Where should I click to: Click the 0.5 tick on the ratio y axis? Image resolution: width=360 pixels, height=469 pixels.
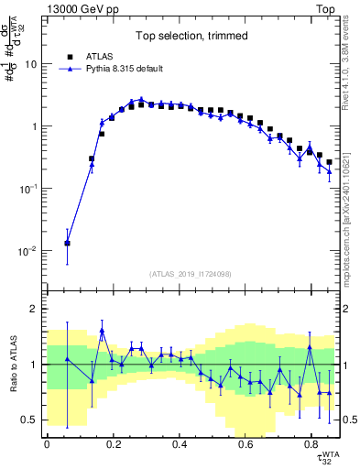29,420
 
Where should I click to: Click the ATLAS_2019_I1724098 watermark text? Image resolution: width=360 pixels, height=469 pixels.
192,274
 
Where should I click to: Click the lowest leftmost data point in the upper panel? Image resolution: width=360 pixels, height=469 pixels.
67,243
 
